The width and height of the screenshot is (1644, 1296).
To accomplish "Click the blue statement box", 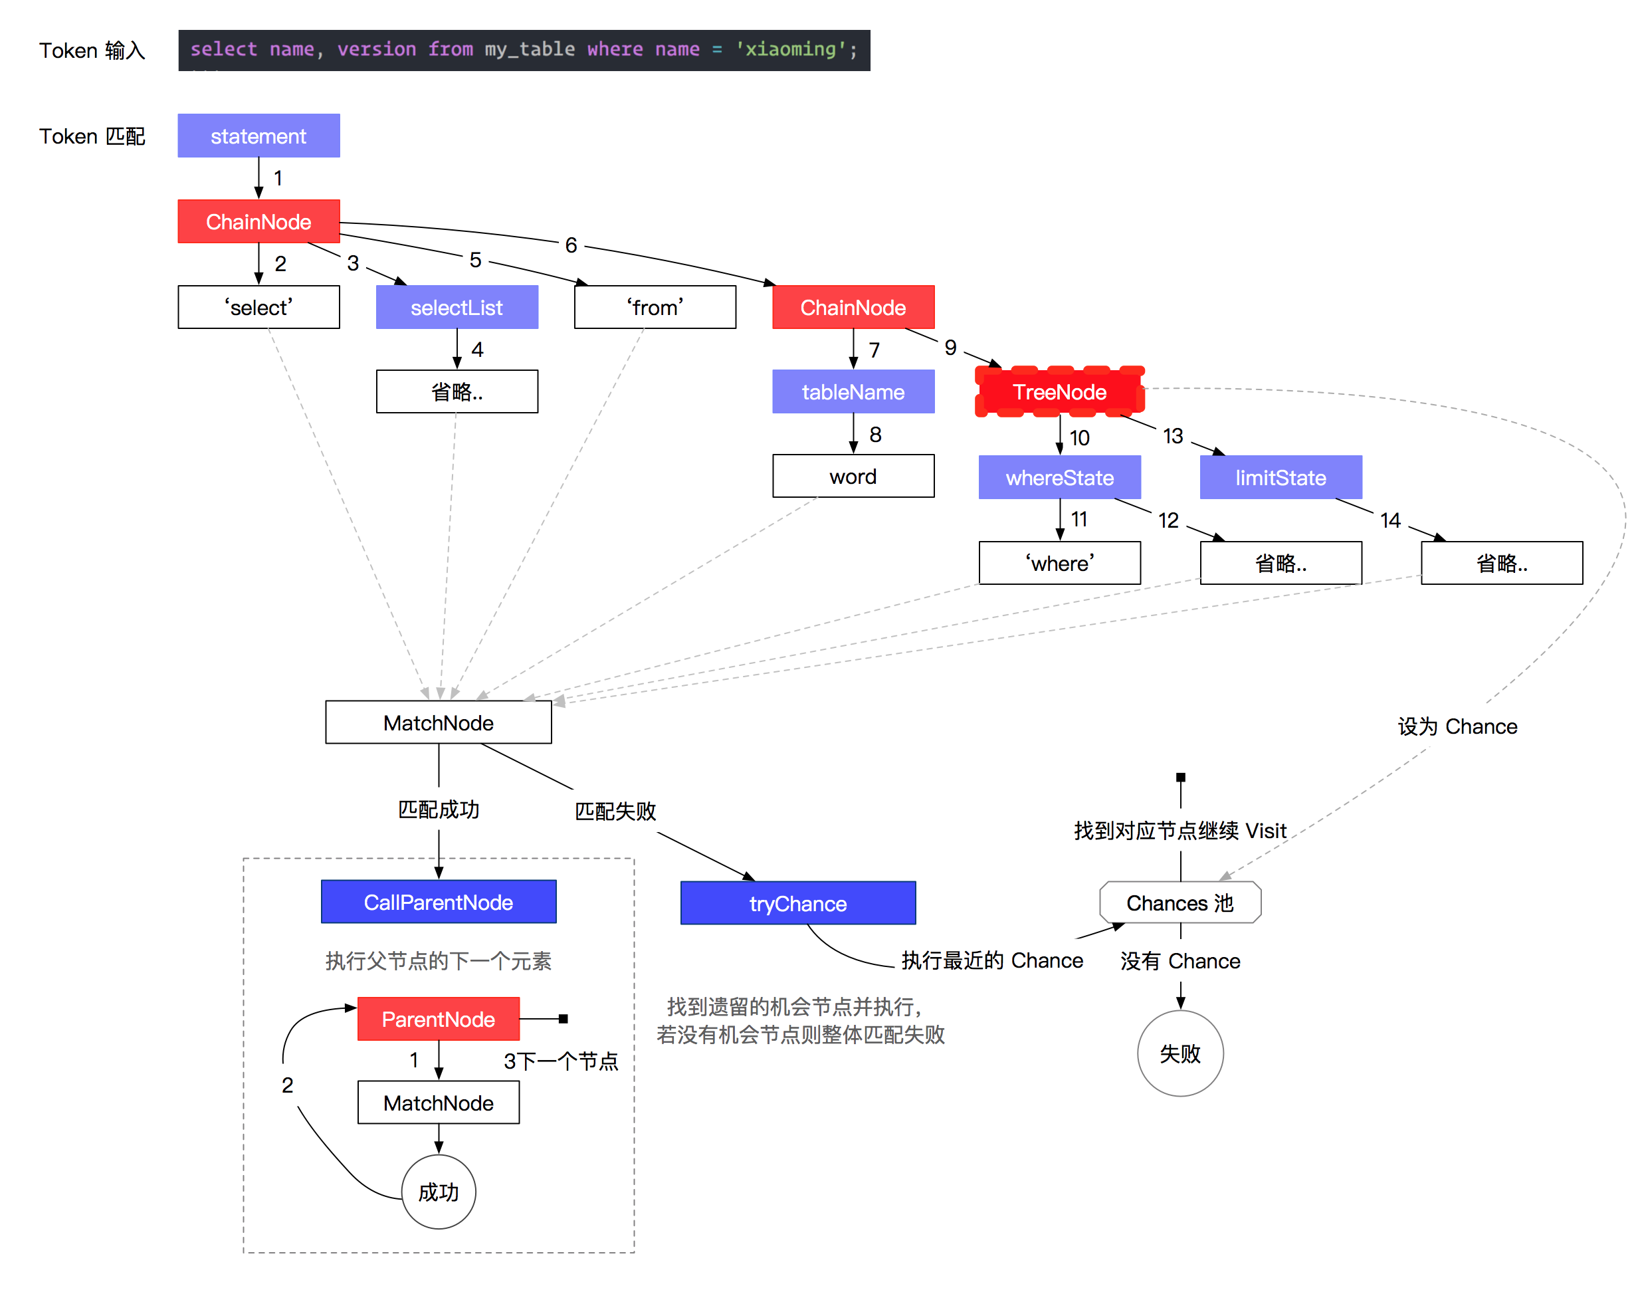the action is point(258,136).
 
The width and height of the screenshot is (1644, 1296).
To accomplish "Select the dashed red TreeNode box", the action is point(1060,391).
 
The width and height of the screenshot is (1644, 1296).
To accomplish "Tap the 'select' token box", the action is point(258,307).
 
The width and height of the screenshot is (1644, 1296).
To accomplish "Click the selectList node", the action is point(457,307).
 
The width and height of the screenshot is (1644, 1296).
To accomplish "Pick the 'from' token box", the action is point(655,307).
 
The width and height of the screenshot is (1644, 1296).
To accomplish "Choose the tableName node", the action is point(853,391).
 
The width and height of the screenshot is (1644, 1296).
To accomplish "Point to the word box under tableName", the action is point(853,476).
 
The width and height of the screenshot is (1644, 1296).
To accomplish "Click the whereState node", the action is point(1060,477).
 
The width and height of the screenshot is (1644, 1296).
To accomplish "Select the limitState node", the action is point(1281,477).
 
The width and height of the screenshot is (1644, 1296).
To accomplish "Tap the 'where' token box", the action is point(1060,563).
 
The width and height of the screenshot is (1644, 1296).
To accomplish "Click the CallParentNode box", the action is point(439,902).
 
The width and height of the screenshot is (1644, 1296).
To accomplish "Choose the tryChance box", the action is point(798,903).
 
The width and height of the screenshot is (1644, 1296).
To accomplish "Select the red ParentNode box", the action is point(439,1019).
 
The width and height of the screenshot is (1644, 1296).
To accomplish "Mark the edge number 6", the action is point(571,245).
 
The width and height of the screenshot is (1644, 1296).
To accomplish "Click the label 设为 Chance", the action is point(1457,726).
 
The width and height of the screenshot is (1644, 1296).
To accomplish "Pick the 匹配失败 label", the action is point(615,811).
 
